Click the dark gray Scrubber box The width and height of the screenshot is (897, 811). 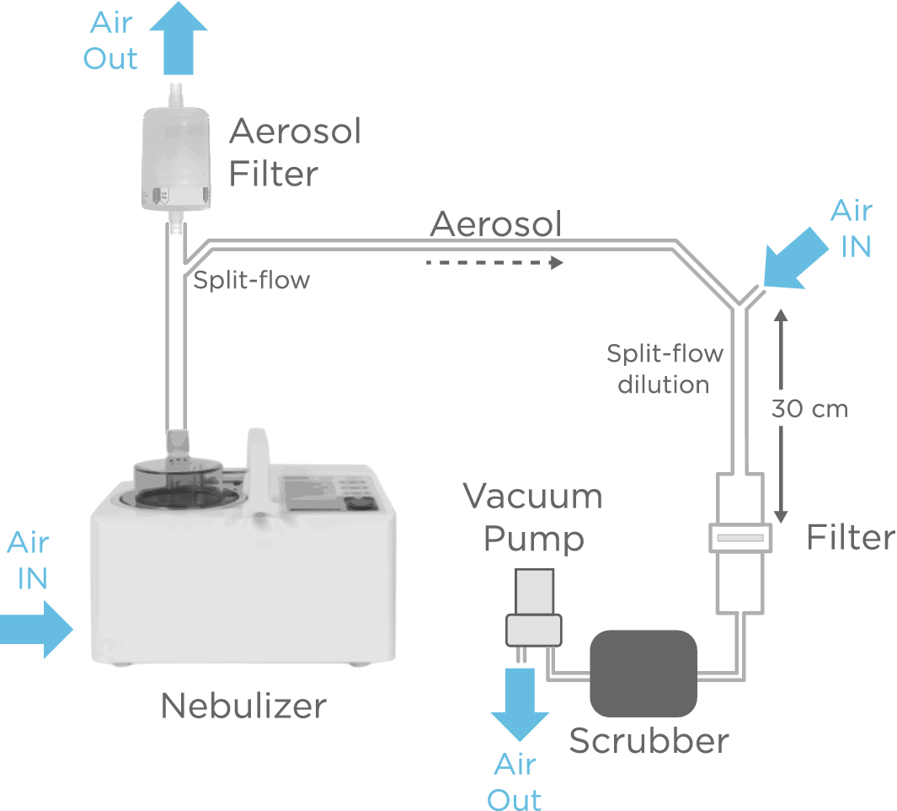coord(644,673)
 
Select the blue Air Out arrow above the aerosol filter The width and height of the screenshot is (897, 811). coord(178,38)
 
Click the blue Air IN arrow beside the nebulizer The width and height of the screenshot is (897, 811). coord(38,628)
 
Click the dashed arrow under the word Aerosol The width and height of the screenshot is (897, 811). coord(494,263)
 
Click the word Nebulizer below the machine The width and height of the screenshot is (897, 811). coord(243,705)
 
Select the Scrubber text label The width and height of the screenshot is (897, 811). coord(649,741)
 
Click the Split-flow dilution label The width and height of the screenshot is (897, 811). coord(665,368)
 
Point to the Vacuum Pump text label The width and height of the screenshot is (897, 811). coord(533,517)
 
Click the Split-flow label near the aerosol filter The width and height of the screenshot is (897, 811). coord(251,281)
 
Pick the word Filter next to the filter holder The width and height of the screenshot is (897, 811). coord(851,538)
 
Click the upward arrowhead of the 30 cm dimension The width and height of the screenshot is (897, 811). coord(780,316)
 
